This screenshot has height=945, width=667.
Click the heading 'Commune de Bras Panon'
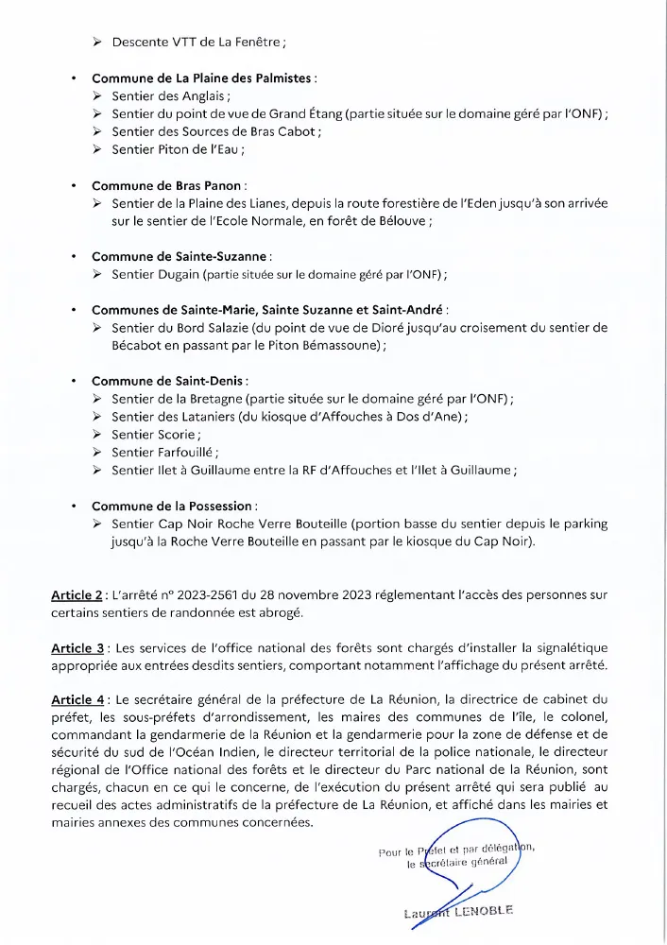(x=167, y=185)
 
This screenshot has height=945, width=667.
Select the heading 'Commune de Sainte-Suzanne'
(x=180, y=256)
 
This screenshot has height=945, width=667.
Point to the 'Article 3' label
(x=77, y=647)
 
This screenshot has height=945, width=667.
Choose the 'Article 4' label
(x=77, y=699)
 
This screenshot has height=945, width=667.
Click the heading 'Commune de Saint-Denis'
(x=169, y=381)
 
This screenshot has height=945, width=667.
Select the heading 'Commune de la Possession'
(x=174, y=506)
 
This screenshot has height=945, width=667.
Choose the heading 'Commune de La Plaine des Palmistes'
(x=203, y=78)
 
